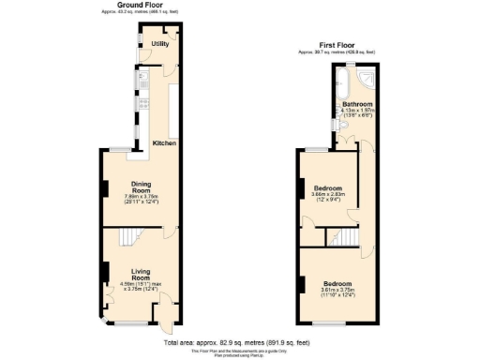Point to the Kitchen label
pyautogui.click(x=165, y=143)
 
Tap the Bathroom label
pyautogui.click(x=357, y=104)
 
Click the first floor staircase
pyautogui.click(x=348, y=236)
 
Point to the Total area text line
pyautogui.click(x=240, y=343)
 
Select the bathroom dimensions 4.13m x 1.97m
pyautogui.click(x=357, y=112)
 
